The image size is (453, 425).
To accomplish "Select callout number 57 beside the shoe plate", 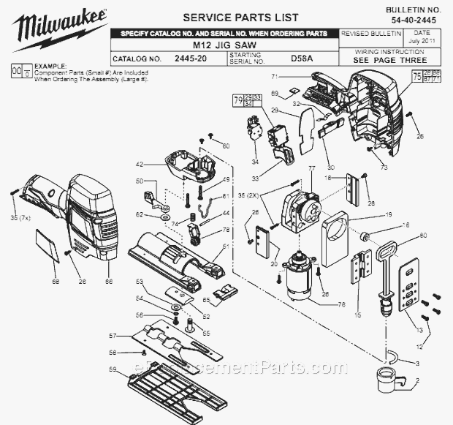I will coord(112,336).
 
